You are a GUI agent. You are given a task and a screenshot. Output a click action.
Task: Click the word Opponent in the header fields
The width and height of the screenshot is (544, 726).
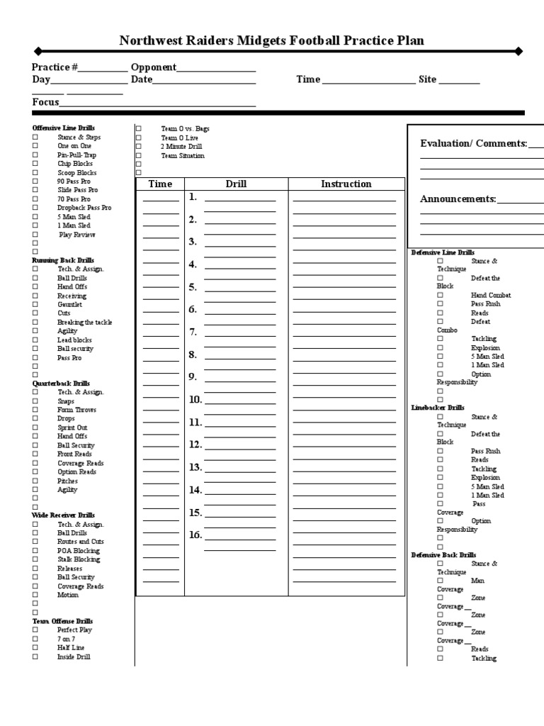(153, 67)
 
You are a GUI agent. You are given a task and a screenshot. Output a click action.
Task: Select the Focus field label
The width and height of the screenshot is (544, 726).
(45, 102)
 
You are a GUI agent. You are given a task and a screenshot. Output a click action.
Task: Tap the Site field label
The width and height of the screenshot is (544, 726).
(427, 79)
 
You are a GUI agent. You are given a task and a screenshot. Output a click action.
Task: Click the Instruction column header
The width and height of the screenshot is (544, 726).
(346, 184)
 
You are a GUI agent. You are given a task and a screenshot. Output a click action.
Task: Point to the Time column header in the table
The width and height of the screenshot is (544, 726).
(160, 184)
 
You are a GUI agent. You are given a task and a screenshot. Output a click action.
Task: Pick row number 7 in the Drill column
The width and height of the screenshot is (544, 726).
(193, 332)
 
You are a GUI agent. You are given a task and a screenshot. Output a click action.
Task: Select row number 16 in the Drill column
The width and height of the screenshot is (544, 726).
(195, 535)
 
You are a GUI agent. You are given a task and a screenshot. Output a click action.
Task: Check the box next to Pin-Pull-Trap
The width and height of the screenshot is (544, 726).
(35, 155)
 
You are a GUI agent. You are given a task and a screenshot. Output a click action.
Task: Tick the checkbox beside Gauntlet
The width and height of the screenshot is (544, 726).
(35, 305)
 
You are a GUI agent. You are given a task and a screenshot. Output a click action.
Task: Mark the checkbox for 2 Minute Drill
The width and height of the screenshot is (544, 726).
(139, 147)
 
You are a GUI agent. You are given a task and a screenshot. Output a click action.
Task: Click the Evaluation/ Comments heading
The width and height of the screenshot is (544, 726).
(473, 144)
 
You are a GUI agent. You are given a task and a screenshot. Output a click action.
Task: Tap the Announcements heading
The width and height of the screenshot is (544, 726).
(458, 199)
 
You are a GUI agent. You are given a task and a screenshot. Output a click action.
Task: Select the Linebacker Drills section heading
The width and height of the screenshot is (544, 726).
(438, 408)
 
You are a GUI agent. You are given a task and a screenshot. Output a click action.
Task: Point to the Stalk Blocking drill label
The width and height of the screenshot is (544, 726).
(79, 560)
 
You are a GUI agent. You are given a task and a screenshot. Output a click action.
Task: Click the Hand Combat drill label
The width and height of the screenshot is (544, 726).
(491, 296)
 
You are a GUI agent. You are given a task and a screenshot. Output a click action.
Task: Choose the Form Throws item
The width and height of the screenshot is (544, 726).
(76, 411)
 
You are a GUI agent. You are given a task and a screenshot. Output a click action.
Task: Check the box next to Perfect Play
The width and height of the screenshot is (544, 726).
(35, 630)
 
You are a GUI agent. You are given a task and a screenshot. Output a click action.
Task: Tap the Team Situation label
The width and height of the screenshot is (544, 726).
(183, 156)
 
